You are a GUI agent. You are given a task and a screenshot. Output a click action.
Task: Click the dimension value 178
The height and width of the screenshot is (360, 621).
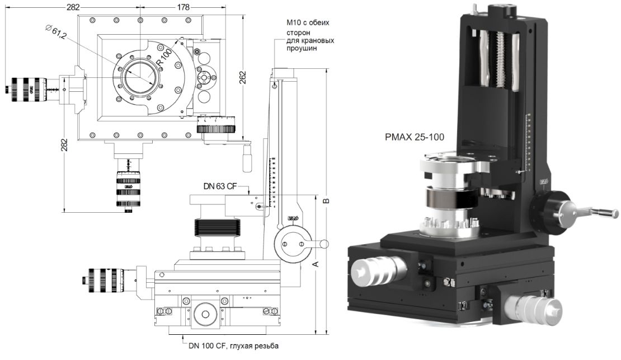[182, 7]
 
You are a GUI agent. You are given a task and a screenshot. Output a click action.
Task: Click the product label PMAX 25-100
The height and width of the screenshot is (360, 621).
[411, 136]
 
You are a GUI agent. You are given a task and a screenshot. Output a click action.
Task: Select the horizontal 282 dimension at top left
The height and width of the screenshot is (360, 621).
[72, 7]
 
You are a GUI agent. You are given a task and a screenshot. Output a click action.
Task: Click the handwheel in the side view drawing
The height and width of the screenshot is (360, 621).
[293, 243]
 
